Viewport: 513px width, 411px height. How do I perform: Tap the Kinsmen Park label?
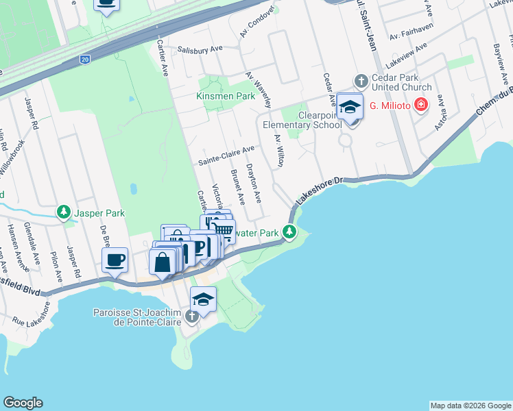pos(226,96)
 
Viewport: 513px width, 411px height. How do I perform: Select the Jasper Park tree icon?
pos(64,212)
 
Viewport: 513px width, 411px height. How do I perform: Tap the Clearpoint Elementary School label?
pos(311,120)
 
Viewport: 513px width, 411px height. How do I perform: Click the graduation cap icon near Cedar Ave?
pos(350,107)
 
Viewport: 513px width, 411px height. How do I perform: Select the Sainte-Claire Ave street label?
pos(226,155)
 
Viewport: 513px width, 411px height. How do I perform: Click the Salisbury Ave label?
pos(200,49)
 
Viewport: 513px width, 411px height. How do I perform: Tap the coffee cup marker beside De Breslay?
pos(115,260)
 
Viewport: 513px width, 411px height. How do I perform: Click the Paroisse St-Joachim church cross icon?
pos(193,316)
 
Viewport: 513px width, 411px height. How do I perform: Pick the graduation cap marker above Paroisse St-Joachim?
pos(203,299)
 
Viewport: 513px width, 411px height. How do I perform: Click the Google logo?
pos(23,403)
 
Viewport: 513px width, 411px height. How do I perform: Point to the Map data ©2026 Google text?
pos(470,406)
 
